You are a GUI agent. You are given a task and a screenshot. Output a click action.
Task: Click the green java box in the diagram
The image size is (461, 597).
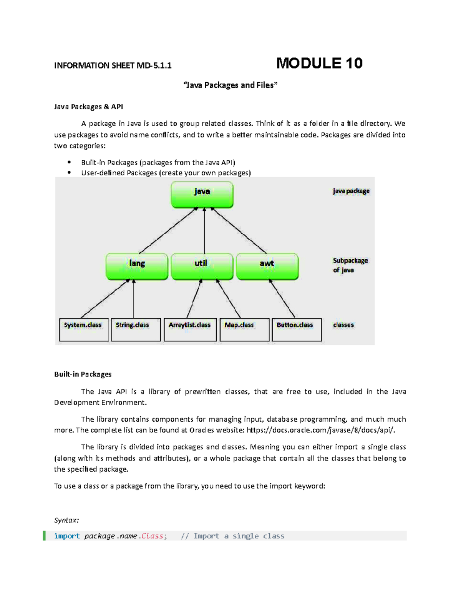pos(202,195)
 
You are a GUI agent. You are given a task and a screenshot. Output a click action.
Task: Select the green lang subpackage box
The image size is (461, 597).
pos(137,266)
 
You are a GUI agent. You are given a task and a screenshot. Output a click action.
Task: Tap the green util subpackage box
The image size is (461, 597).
pos(202,266)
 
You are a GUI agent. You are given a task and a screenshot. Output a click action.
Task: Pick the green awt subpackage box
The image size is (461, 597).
pos(267,266)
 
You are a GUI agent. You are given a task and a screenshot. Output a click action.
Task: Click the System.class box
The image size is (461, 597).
pos(84,329)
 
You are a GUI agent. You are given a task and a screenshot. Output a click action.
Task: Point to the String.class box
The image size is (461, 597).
pos(136,329)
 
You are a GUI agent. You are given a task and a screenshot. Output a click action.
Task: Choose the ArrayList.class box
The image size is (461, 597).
pos(190,329)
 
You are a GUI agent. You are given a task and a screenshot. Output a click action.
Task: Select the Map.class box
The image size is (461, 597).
pos(244,329)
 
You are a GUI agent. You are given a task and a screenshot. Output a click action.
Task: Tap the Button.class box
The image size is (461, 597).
pos(297,329)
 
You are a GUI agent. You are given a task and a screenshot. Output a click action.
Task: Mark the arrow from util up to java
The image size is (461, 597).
pos(204,231)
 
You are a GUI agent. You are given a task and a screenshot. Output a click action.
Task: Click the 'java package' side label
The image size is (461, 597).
pos(351,191)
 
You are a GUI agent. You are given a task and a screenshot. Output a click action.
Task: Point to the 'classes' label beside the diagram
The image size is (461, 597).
pos(343,325)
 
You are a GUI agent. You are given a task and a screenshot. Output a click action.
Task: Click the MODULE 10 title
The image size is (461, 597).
pos(319,63)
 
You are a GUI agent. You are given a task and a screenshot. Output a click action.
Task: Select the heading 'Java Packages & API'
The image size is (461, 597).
pos(88,106)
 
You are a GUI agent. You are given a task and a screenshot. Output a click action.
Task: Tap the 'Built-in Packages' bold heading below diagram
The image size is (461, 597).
pos(83,374)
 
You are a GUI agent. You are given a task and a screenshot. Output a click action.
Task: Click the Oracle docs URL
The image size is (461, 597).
pos(321,430)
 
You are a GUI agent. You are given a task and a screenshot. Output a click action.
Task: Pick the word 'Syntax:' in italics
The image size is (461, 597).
pos(66,520)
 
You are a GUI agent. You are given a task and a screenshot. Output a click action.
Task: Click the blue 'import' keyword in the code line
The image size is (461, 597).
pos(67,536)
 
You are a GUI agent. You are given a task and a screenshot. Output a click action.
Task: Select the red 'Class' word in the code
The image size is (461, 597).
pos(152,536)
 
